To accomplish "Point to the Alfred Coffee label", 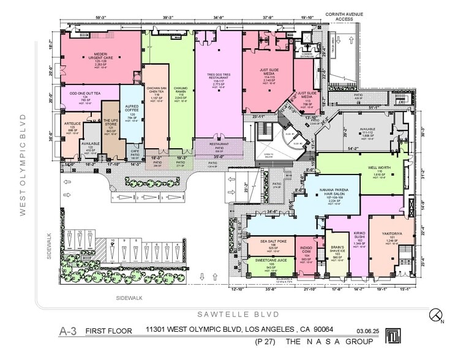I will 132,111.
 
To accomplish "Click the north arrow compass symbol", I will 436,315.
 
